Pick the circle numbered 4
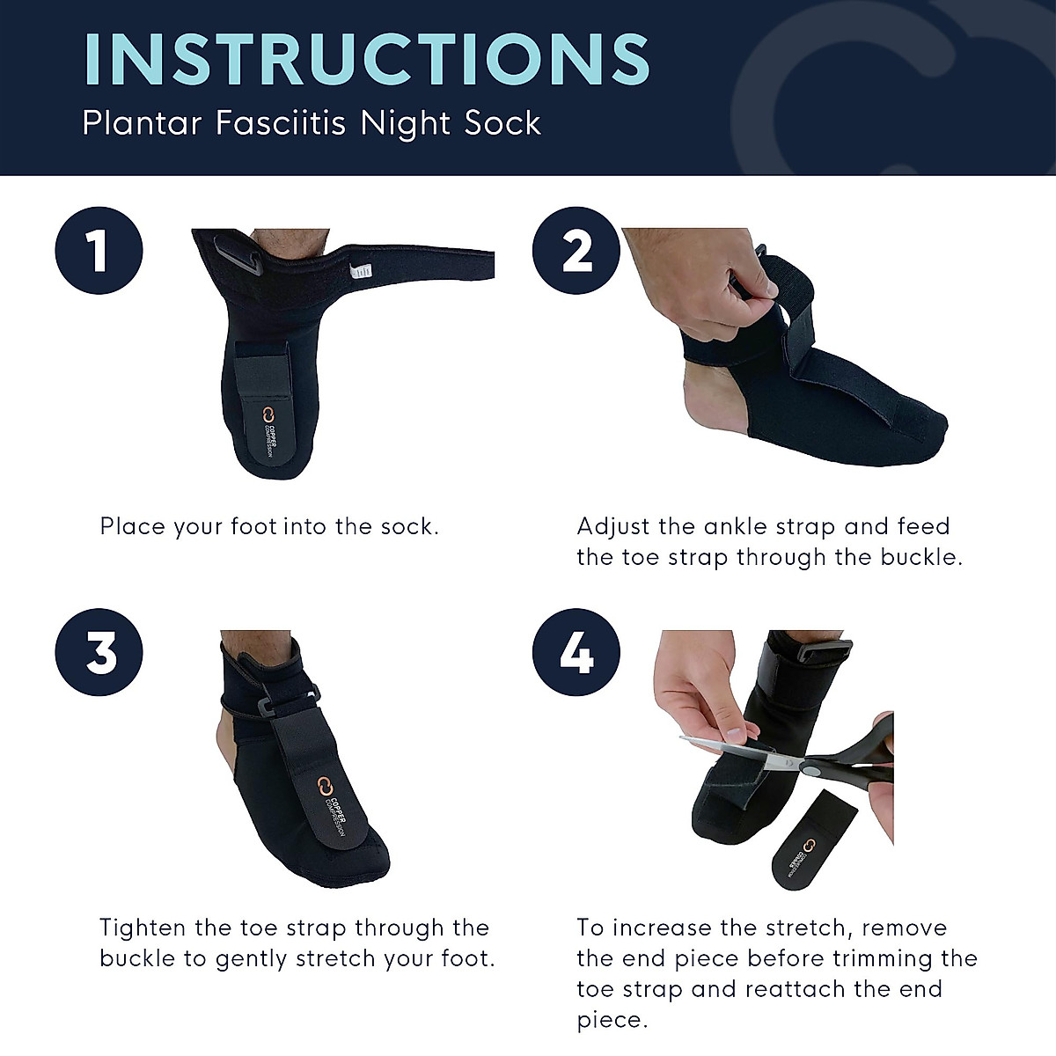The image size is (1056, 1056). click(x=576, y=653)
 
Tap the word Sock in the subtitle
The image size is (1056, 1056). click(x=503, y=123)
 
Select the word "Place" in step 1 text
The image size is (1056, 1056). click(x=130, y=527)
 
